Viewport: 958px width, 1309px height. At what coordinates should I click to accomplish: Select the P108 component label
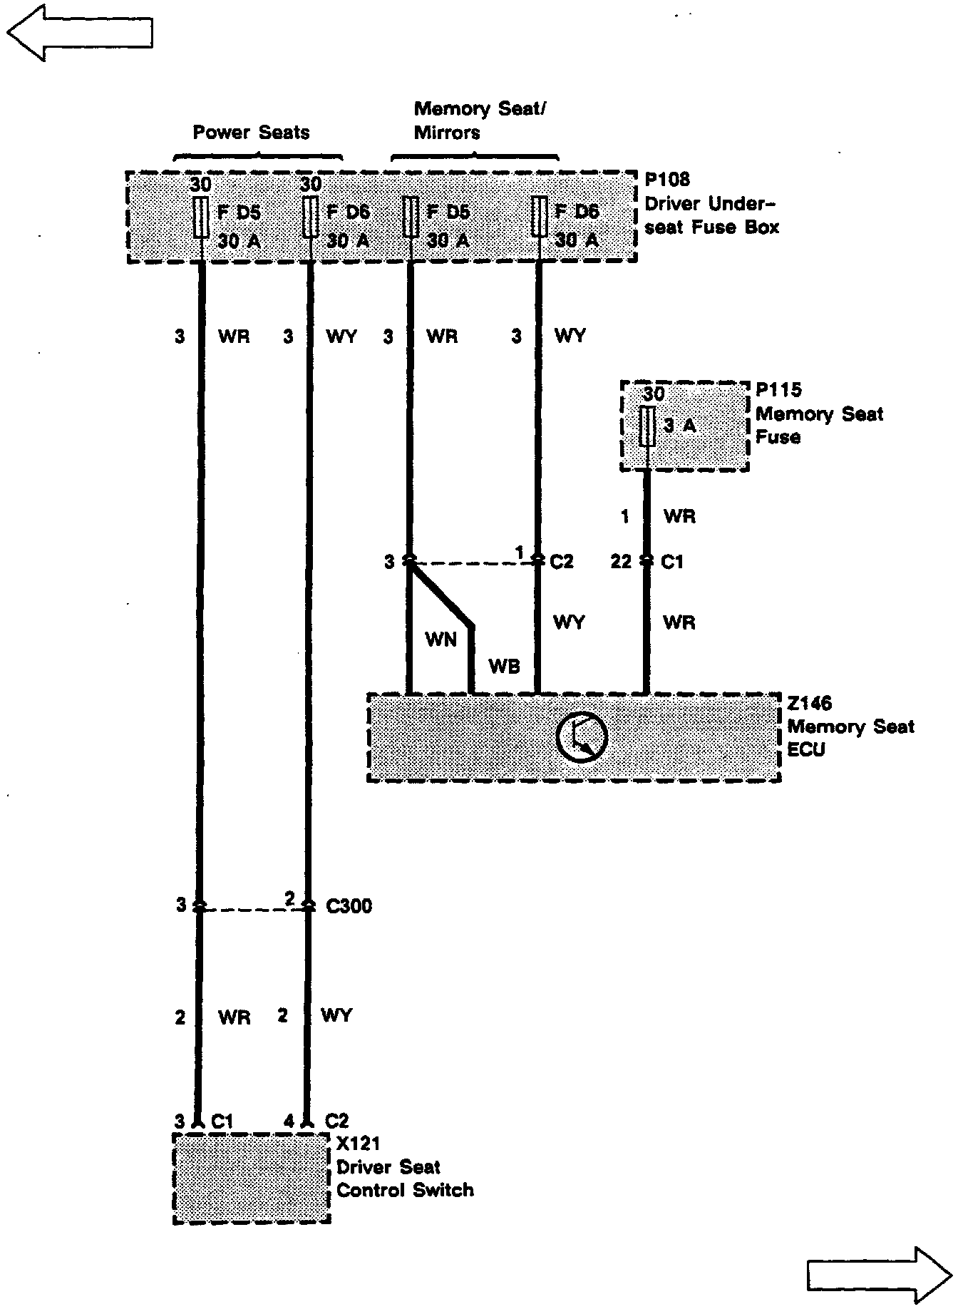(x=667, y=180)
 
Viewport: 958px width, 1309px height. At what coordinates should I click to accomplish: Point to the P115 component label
(x=778, y=390)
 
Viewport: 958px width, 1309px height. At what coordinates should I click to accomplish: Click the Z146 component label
(x=810, y=703)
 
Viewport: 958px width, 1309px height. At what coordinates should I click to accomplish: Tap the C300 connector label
(x=349, y=906)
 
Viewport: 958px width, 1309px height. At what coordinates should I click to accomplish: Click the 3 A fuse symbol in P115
(x=647, y=426)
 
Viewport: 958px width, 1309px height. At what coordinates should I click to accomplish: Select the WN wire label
(x=441, y=640)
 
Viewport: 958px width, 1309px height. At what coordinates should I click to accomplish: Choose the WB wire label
(x=504, y=667)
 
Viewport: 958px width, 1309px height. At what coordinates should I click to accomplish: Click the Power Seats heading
(x=251, y=133)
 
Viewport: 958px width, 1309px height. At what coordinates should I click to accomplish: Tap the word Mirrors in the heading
(x=447, y=133)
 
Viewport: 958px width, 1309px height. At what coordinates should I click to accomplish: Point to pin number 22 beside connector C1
(x=621, y=562)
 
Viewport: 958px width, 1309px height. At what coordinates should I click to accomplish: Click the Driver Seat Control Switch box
(x=252, y=1178)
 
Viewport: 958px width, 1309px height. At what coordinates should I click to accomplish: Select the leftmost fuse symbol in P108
(x=201, y=217)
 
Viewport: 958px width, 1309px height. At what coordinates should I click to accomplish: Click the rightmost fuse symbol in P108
(x=540, y=217)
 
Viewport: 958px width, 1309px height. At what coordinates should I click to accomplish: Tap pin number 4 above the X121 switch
(x=289, y=1121)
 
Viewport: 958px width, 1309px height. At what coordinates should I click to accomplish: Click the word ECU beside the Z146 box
(x=805, y=750)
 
